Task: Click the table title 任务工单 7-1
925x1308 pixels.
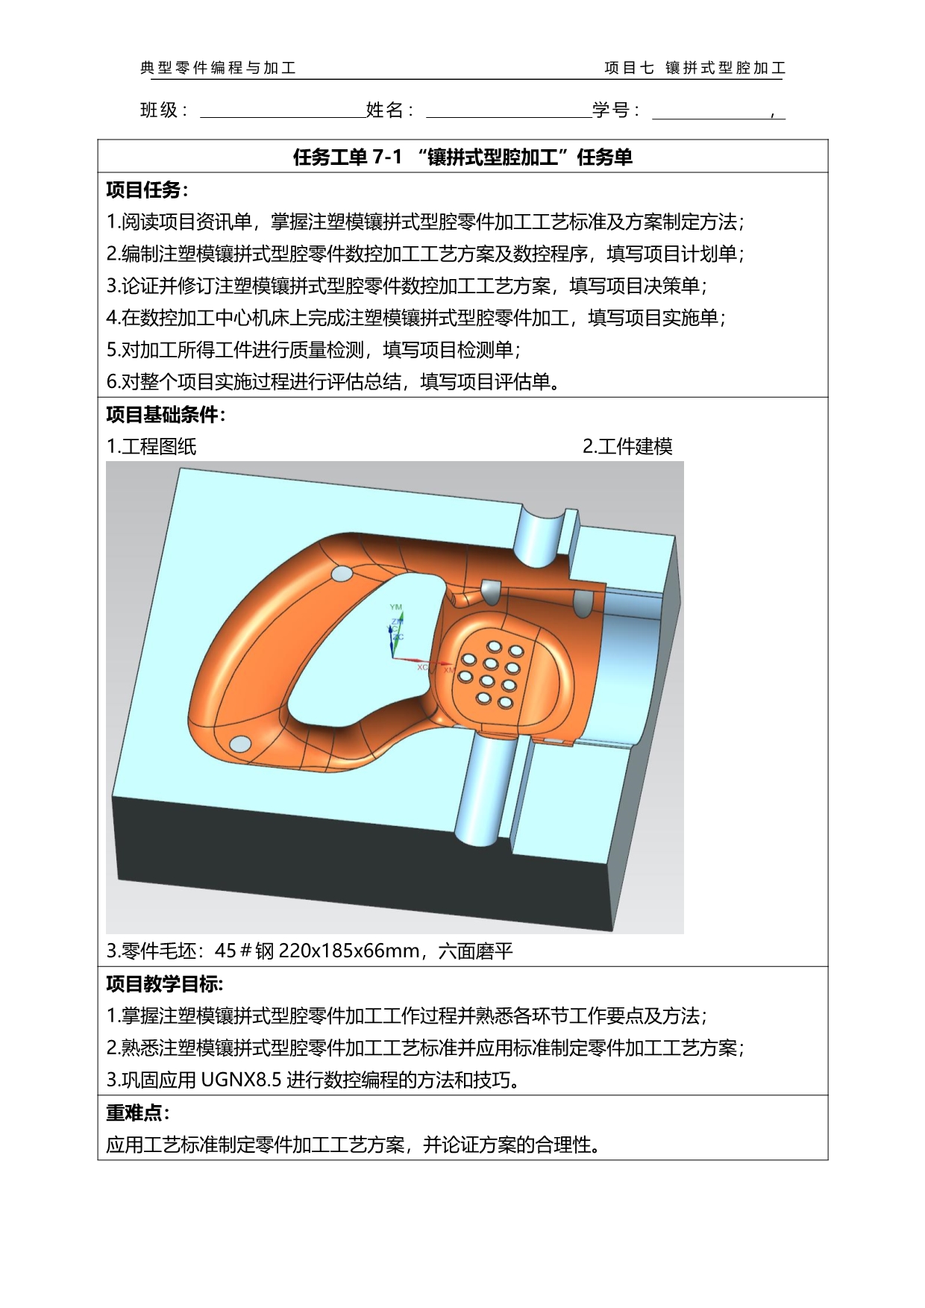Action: (x=348, y=157)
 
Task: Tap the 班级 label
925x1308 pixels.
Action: (x=159, y=110)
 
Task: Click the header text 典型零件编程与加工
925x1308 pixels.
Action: (x=219, y=68)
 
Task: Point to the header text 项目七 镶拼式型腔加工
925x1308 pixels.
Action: (x=694, y=68)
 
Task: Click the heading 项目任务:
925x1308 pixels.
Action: (x=148, y=190)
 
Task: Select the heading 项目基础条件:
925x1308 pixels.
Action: (x=166, y=414)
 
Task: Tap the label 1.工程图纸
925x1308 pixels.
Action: (x=151, y=446)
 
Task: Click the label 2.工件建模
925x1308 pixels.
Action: (x=627, y=446)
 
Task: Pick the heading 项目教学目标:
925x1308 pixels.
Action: (x=165, y=983)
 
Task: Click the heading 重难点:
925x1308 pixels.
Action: (x=138, y=1113)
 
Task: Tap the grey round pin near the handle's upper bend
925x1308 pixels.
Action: (x=341, y=575)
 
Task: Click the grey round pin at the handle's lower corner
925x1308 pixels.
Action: (x=240, y=744)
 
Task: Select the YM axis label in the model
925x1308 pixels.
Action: (x=396, y=607)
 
